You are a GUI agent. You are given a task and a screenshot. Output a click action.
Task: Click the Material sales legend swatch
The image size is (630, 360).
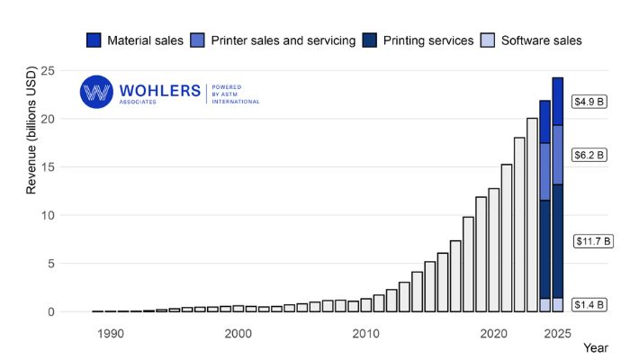tap(94, 40)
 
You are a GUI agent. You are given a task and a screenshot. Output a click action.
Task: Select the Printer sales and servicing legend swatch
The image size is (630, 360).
tap(198, 40)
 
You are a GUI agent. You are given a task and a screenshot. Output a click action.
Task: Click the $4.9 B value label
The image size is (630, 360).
tap(590, 102)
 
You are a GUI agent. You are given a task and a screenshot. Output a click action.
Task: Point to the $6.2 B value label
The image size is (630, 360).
tap(590, 154)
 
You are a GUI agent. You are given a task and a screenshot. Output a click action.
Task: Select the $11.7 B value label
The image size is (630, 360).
tap(593, 241)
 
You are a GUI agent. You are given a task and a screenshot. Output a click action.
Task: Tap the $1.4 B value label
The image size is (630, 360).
tap(590, 305)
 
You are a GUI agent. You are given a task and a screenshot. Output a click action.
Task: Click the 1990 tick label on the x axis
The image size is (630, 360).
tap(110, 334)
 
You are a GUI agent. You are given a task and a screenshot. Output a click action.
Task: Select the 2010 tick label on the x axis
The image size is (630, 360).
tap(365, 334)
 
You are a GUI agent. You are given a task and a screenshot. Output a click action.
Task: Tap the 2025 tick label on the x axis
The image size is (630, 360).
tap(557, 334)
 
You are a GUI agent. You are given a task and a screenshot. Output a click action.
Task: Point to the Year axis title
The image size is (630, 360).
tap(595, 346)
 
